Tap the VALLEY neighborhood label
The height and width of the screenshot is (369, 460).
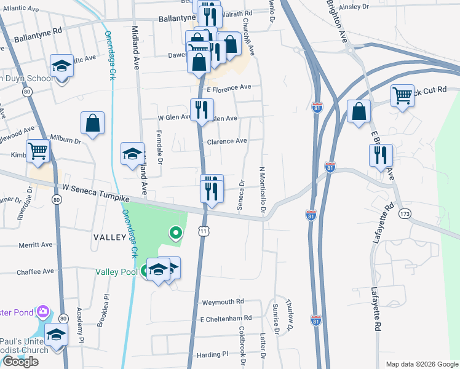click(x=109, y=236)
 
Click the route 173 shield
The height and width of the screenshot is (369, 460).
click(x=404, y=213)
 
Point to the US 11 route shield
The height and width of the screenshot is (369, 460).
click(x=203, y=230)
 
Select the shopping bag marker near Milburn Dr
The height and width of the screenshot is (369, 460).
click(x=92, y=123)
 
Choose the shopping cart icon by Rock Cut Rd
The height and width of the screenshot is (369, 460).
click(x=402, y=95)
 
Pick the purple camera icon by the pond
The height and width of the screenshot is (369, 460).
click(x=42, y=312)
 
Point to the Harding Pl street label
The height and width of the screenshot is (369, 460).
click(x=213, y=355)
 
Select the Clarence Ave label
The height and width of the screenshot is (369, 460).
click(x=227, y=141)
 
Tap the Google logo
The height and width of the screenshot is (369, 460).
click(x=20, y=362)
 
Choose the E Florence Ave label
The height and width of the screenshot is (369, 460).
click(x=229, y=88)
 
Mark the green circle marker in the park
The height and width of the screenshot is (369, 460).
click(x=176, y=232)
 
